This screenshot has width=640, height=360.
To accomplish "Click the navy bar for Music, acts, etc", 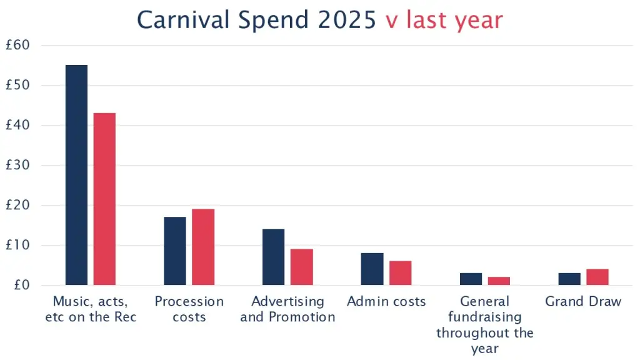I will tap(76, 175).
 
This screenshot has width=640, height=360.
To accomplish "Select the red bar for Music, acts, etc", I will tap(104, 199).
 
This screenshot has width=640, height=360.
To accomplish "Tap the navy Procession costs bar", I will tap(174, 251).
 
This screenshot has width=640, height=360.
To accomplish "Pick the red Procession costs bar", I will tap(202, 247).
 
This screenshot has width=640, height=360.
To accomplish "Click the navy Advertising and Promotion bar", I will tap(273, 257).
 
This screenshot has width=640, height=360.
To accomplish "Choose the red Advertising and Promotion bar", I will tap(301, 267).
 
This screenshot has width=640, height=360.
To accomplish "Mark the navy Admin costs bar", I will tap(372, 269).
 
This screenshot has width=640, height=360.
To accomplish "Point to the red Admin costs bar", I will tap(400, 273).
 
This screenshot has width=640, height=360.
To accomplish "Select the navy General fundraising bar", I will tap(471, 279).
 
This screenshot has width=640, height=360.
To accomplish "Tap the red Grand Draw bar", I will tap(597, 277).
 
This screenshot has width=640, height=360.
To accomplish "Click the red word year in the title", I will tap(477, 21).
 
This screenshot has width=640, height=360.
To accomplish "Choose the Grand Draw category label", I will tap(583, 302).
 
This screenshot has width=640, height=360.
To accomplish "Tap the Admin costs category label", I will tap(386, 302).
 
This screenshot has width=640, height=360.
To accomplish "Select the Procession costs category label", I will tap(189, 309).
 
